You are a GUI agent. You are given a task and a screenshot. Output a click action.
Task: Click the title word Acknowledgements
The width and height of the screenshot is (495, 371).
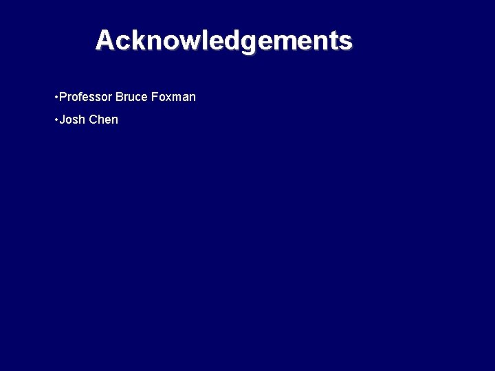point(223,41)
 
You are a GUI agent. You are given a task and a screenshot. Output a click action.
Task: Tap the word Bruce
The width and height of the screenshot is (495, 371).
point(132,97)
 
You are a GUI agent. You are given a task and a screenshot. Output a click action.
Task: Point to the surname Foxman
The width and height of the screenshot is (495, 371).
point(174,97)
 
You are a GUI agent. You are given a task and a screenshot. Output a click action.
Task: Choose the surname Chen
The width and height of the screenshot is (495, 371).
point(104,120)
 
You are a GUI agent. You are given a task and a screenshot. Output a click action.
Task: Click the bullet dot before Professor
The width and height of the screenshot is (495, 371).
point(56,97)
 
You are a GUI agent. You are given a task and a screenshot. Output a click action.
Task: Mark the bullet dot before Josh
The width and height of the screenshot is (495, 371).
point(56,120)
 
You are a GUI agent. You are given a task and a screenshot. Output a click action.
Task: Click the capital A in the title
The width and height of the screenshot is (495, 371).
point(104,41)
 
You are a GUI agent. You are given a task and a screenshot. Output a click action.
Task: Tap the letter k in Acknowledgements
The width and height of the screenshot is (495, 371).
point(135,41)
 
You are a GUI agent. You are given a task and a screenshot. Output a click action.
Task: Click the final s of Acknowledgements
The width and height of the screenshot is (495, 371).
point(346,42)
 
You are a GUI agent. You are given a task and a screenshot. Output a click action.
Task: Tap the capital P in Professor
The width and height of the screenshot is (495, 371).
point(63,97)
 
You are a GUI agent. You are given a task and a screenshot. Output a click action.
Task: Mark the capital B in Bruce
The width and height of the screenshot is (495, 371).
point(120,97)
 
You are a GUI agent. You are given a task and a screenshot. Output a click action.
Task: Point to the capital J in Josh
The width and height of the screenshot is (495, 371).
point(63,120)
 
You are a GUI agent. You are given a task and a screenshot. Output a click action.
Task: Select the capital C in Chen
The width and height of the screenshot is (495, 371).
point(93,120)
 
